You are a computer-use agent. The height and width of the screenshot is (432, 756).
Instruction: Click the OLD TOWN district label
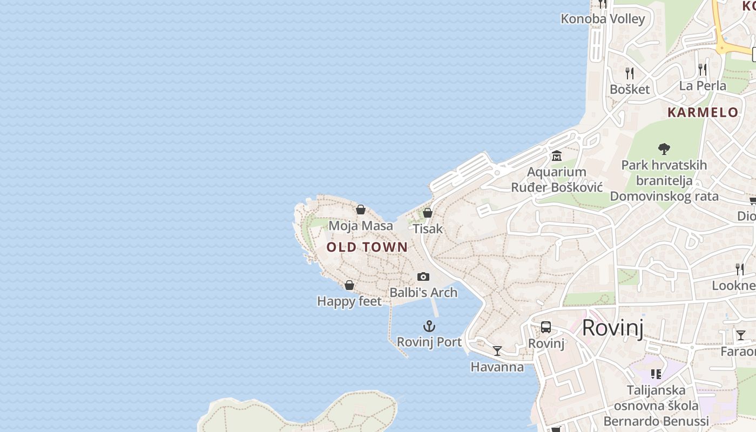(367, 247)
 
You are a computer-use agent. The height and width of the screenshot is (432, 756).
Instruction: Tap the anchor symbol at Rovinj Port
(429, 326)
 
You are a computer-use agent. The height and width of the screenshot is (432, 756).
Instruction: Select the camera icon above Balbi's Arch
(423, 277)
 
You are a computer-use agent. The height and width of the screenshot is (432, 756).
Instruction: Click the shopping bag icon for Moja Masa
(361, 210)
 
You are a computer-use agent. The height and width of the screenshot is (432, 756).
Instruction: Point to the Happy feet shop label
(349, 301)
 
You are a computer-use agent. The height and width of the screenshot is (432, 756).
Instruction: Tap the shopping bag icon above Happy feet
(349, 285)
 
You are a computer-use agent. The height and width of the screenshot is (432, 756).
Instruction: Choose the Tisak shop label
(428, 228)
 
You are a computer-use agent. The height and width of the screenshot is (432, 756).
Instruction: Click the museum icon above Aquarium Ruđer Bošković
(557, 156)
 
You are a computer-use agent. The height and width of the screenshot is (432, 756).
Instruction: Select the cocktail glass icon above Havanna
(497, 351)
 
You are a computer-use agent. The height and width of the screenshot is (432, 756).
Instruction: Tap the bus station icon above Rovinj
(546, 327)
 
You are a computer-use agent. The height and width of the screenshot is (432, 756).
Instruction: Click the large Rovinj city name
(613, 328)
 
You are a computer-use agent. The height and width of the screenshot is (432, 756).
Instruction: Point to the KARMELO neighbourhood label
(703, 112)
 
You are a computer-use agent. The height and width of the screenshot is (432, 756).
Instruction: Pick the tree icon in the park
(664, 148)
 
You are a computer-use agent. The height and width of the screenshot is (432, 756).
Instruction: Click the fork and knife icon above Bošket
(630, 73)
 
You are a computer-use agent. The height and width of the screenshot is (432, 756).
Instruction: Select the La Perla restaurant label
(703, 86)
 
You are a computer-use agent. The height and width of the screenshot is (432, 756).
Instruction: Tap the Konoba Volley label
(603, 19)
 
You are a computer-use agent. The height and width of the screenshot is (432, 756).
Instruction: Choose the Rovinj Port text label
(429, 342)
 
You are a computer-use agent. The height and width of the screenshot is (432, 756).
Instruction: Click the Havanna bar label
(497, 367)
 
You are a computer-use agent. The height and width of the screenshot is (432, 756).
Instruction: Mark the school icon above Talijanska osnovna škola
(656, 374)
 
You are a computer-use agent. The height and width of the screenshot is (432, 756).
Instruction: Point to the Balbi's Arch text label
(423, 293)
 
